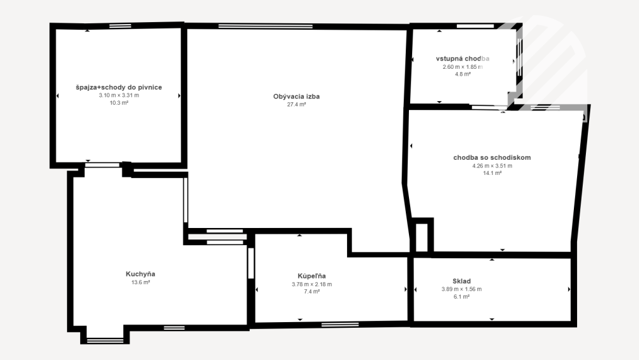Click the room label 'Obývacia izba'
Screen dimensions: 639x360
click(296, 97)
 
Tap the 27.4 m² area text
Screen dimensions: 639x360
click(296, 105)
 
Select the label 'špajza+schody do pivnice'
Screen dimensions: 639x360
click(119, 87)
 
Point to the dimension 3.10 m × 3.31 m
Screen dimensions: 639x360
click(119, 95)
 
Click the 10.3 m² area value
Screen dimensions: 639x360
click(119, 103)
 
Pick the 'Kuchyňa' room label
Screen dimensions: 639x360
click(140, 274)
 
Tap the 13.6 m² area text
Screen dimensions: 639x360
click(140, 282)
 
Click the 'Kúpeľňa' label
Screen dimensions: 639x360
click(312, 276)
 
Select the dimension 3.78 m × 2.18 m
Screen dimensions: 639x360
click(312, 284)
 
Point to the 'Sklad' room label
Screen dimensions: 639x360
click(461, 281)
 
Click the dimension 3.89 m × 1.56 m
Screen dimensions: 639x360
click(461, 289)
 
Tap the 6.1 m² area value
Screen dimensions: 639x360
click(461, 297)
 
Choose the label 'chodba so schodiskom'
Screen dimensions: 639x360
click(492, 158)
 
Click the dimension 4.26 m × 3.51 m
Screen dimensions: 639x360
click(492, 165)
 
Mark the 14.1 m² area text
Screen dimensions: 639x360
click(492, 173)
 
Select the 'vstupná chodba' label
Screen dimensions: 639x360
click(463, 59)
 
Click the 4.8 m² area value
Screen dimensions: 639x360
click(463, 74)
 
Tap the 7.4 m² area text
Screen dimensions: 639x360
click(312, 292)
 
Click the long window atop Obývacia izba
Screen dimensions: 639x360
click(265, 27)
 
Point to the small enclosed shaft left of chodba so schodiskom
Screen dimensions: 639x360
click(422, 237)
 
